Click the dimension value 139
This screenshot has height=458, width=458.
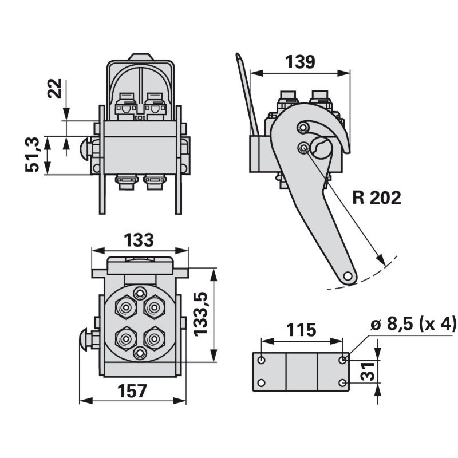(299, 62)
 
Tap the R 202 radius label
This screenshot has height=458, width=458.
(377, 198)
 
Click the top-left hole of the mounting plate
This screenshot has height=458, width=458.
(262, 360)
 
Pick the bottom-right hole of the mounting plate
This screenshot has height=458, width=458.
(342, 383)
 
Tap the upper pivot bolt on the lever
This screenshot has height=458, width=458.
(302, 127)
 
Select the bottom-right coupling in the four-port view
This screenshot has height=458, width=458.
(154, 338)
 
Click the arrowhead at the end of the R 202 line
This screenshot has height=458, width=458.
(380, 261)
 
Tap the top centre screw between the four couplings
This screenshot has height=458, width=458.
(139, 294)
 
